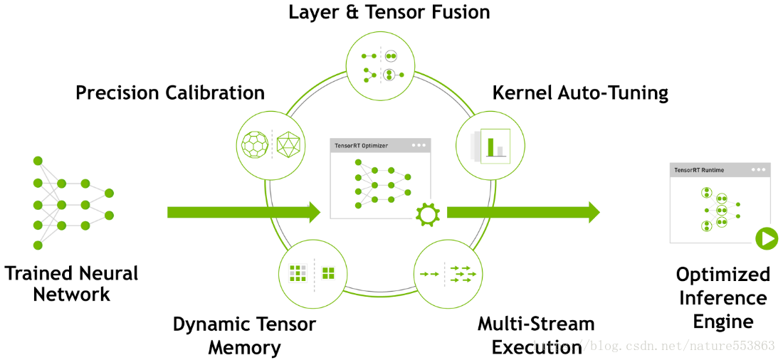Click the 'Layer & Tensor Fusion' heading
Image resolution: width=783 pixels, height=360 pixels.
(389, 12)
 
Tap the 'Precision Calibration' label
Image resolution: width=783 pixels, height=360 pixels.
(170, 93)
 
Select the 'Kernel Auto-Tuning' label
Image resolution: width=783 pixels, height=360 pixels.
(580, 93)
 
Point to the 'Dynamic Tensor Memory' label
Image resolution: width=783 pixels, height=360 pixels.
(244, 335)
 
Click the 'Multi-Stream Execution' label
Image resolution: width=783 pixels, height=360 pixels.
(536, 335)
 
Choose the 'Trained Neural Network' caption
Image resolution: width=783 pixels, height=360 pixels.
(71, 284)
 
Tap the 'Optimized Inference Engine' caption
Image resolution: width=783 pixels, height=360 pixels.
(723, 298)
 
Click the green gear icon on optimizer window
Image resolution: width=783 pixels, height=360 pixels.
(427, 214)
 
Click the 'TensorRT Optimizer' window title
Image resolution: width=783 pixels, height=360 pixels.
(360, 146)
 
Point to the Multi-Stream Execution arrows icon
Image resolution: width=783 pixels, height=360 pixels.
(448, 274)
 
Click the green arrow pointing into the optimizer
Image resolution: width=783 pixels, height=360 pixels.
(243, 212)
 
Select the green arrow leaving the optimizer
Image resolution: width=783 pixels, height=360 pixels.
(523, 212)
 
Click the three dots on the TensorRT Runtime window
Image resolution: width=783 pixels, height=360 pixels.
(757, 170)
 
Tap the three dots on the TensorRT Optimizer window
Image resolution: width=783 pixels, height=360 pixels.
(419, 145)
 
